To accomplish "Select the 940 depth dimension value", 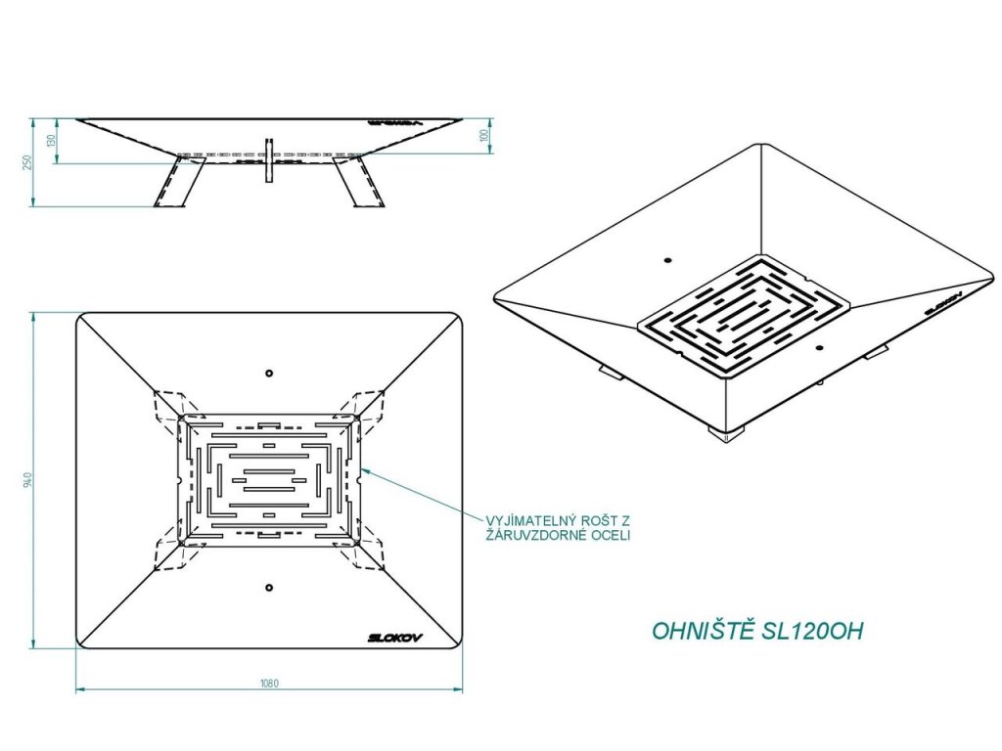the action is pos(32,479).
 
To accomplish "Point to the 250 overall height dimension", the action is pos(29,162).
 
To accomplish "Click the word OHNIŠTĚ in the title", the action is pos(704,631).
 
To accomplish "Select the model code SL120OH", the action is pos(811,631).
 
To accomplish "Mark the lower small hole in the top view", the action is pos(269,587).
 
